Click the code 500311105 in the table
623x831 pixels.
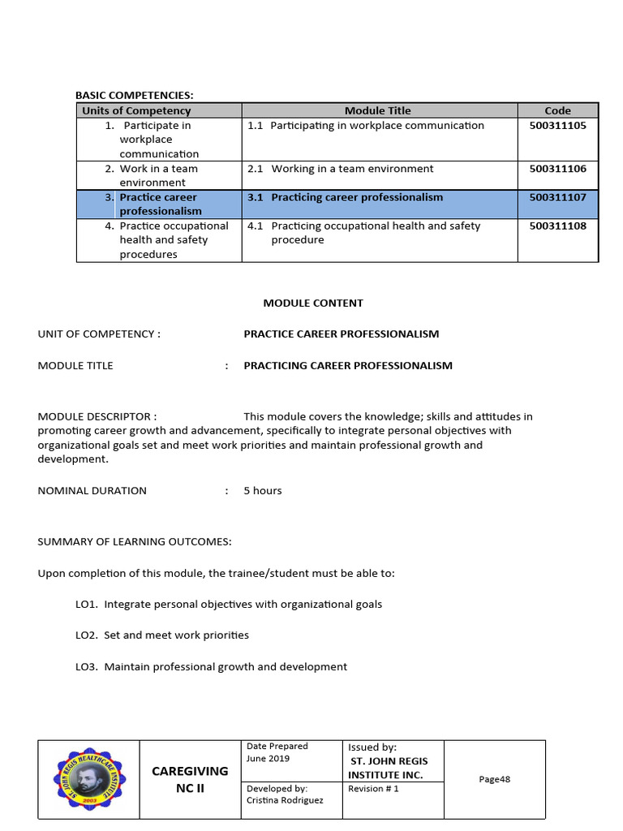coord(557,126)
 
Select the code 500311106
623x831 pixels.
coord(557,169)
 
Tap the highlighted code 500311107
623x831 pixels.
coord(557,197)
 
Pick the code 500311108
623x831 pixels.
coord(557,226)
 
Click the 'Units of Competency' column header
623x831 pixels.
coord(136,110)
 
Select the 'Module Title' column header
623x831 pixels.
coord(378,110)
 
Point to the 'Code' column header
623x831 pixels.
coord(557,110)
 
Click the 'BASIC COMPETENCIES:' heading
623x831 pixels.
coord(135,96)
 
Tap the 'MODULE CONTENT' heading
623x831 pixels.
coord(313,303)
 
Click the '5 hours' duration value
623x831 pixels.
coord(263,491)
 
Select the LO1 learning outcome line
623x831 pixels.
coord(229,605)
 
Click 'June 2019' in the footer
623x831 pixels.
coord(268,760)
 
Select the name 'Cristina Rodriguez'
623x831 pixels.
coord(286,801)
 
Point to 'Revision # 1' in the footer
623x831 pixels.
coord(373,789)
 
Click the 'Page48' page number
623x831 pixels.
coord(494,780)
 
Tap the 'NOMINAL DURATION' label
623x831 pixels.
coord(92,491)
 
